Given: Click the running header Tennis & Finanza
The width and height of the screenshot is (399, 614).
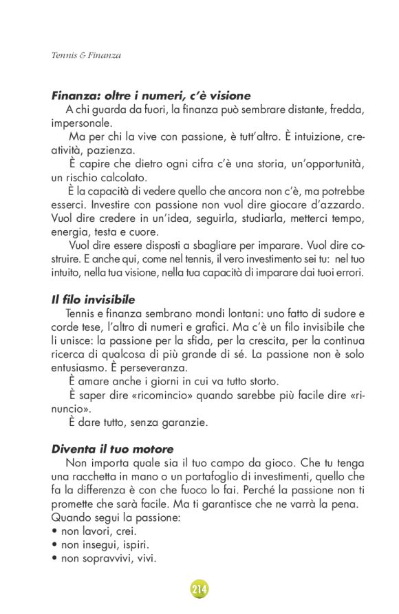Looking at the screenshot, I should pos(86,55).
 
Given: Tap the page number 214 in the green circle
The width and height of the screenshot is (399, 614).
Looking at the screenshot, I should pos(199,589).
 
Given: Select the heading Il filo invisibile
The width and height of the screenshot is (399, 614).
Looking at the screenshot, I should pos(93,300).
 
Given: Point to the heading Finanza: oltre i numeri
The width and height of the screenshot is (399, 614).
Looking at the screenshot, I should pos(151,96).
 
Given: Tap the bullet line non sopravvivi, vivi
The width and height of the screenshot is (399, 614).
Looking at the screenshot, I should pos(103,558).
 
